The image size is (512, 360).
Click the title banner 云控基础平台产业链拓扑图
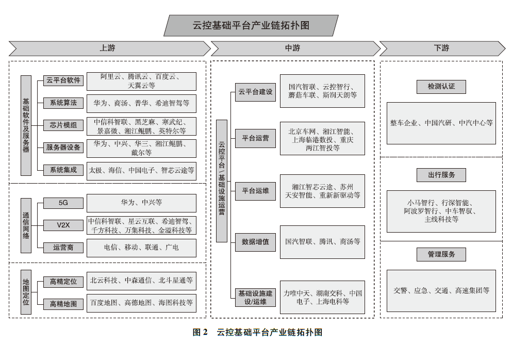pyautogui.click(x=251, y=25)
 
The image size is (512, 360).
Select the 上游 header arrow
pyautogui.click(x=108, y=48)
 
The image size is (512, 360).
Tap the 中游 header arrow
pyautogui.click(x=293, y=48)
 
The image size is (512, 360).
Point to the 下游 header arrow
pyautogui.click(x=441, y=48)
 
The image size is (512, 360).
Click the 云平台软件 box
pyautogui.click(x=63, y=80)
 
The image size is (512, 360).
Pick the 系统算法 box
pyautogui.click(x=63, y=103)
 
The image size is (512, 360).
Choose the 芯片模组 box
pyautogui.click(x=63, y=125)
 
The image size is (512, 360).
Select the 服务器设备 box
pyautogui.click(x=63, y=147)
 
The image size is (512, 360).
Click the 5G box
pyautogui.click(x=63, y=203)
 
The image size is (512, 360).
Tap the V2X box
pyautogui.click(x=63, y=225)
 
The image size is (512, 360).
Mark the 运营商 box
pyautogui.click(x=63, y=248)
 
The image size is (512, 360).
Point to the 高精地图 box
pyautogui.click(x=63, y=304)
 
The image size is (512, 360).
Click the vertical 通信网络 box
pyautogui.click(x=26, y=225)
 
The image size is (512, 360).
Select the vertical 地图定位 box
pyautogui.click(x=26, y=292)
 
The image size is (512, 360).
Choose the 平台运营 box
pyautogui.click(x=255, y=138)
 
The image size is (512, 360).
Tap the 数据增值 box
pyautogui.click(x=255, y=241)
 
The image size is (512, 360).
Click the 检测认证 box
pyautogui.click(x=441, y=87)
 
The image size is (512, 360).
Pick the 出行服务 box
pyautogui.click(x=441, y=175)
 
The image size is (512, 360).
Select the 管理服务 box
pyautogui.click(x=441, y=254)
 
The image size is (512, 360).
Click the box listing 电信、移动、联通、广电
pyautogui.click(x=141, y=248)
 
